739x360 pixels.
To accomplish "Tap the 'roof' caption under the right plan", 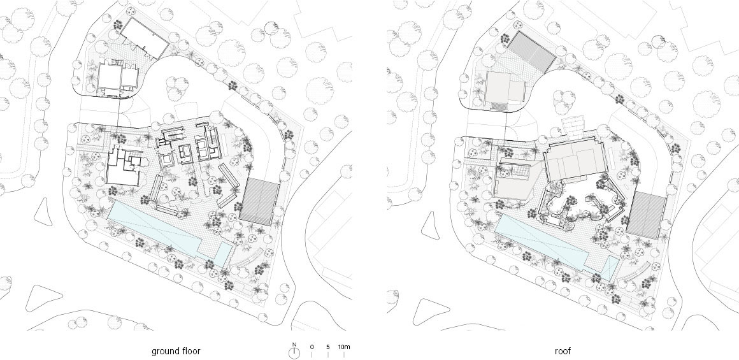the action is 563,351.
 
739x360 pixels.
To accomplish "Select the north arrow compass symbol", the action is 294,352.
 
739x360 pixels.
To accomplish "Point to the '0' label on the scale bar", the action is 312,347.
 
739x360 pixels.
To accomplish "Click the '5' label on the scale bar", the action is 327,347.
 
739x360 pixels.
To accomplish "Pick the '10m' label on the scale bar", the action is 344,347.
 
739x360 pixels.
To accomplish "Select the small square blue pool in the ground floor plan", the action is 223,254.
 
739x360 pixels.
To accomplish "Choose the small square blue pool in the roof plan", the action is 610,268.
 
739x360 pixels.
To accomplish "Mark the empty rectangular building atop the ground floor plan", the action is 143,39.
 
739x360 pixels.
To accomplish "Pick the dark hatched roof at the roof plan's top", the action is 531,52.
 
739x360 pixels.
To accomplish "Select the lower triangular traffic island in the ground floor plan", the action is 43,298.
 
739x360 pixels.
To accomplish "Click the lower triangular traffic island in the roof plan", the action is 430,312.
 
